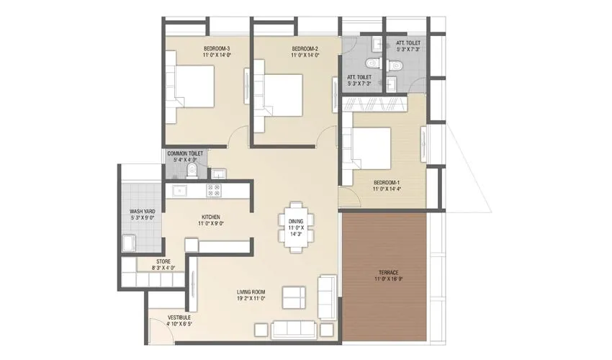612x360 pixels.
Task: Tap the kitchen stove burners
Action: tap(214, 191)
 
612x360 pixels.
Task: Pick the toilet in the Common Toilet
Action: tap(191, 170)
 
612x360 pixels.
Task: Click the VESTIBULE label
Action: tap(179, 317)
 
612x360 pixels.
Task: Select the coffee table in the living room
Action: tap(292, 297)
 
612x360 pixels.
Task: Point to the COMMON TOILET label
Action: tap(186, 153)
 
